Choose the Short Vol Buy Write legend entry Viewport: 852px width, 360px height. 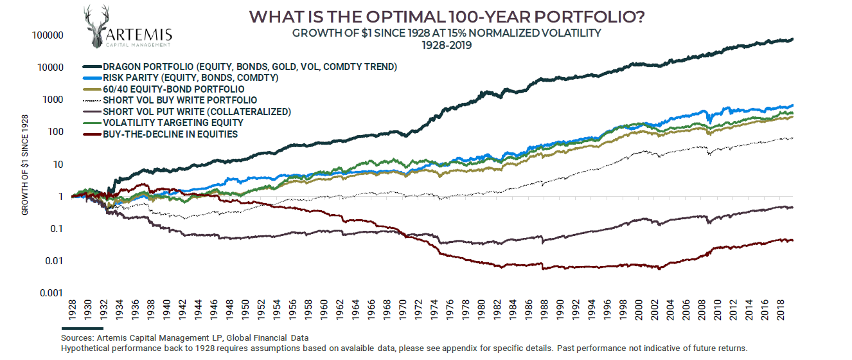180,100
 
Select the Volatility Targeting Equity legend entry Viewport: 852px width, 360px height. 173,123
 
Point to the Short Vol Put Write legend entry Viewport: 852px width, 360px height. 197,111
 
